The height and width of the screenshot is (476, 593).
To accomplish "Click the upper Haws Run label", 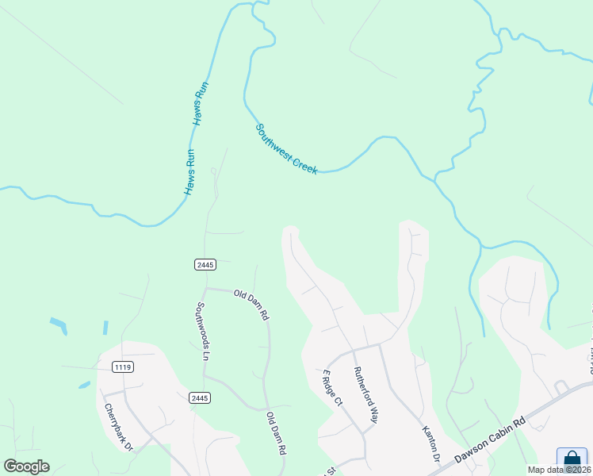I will point(201,103).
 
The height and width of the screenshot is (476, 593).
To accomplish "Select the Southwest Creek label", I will point(286,148).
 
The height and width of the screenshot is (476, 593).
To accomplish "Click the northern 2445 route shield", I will point(204,264).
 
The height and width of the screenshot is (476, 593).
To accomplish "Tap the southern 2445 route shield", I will point(200,397).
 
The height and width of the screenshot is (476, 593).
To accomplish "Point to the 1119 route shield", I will point(123,367).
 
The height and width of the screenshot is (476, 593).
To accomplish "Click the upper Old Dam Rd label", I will point(251,305).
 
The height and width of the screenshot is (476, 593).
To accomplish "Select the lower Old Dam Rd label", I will point(276,432).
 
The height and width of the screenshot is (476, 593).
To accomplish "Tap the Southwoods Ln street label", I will point(202,331).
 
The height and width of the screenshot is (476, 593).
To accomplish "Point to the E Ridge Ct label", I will point(331,387).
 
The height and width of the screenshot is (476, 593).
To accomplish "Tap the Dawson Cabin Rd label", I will point(489,441).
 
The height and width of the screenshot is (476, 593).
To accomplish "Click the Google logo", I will point(26,466).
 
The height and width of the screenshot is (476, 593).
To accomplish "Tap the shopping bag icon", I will point(572,460).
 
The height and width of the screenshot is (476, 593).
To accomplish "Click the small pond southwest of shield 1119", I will point(84,386).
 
